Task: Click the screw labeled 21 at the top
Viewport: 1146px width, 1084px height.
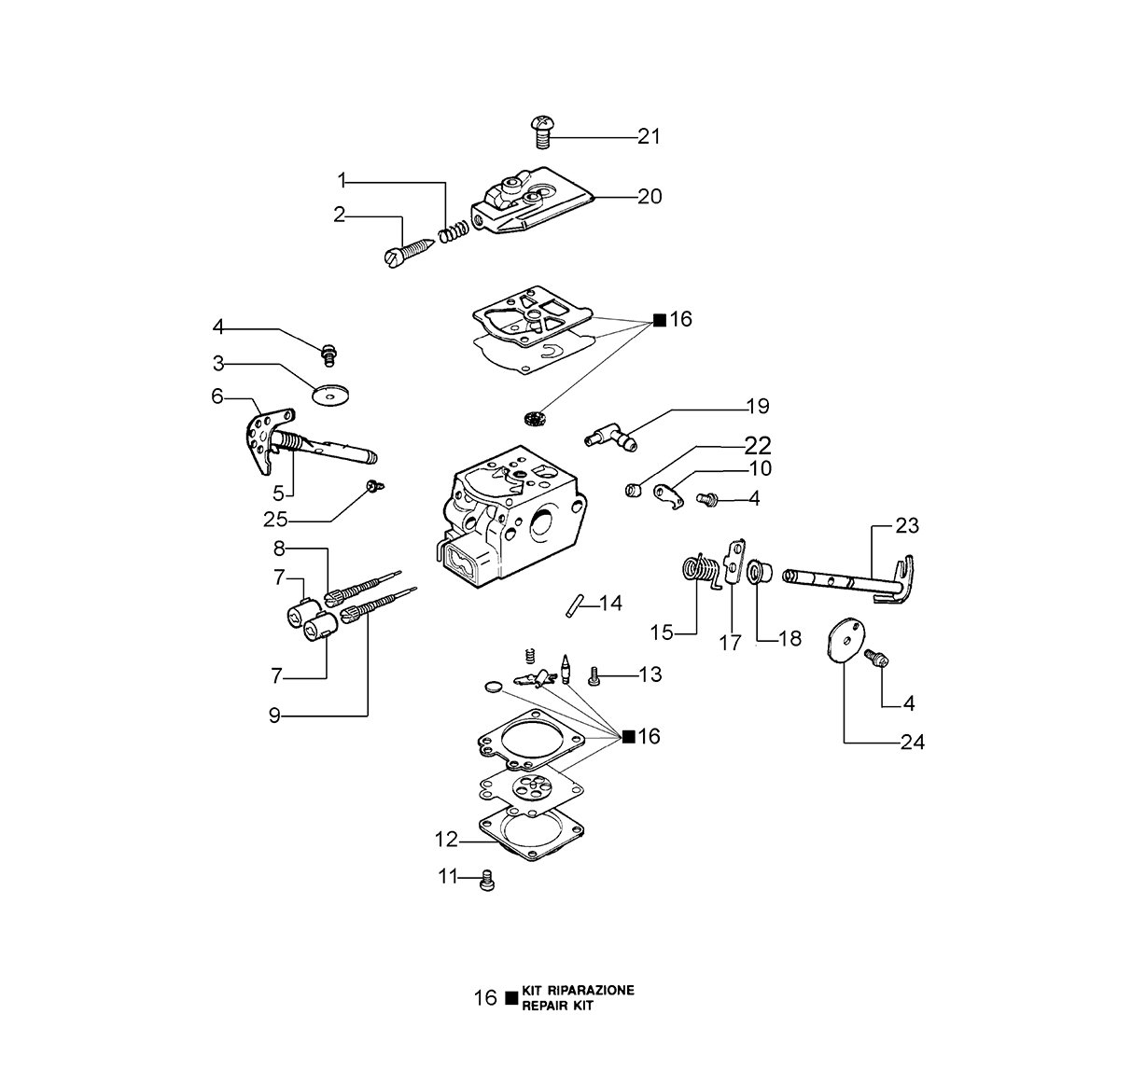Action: pos(542,132)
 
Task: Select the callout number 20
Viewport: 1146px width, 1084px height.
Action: pos(650,197)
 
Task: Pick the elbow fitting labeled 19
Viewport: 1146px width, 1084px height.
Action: pos(611,438)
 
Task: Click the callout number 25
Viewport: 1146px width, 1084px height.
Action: pos(275,519)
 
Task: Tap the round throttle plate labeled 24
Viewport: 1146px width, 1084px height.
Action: pos(846,642)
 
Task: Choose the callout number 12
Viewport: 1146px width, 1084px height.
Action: pos(446,840)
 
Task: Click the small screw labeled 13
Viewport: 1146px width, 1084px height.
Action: pos(594,676)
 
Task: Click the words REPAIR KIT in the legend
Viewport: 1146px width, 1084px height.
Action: pos(557,1006)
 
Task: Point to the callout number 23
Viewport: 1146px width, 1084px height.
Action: pos(907,525)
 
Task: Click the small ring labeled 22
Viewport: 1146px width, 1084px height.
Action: pos(634,490)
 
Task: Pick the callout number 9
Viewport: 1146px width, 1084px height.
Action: pos(274,716)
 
